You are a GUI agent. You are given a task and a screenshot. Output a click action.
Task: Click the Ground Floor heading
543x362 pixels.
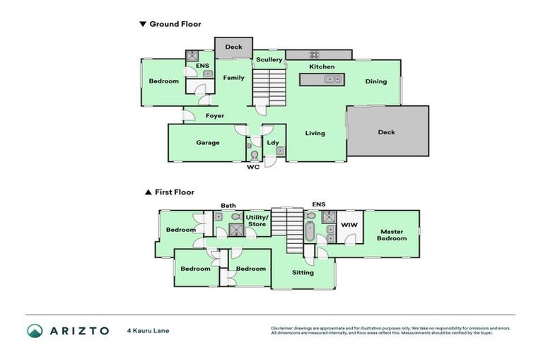click(x=174, y=24)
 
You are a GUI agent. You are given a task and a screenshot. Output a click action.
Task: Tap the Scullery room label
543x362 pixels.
click(x=269, y=60)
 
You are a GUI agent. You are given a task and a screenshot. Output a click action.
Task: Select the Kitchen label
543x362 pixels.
click(x=322, y=67)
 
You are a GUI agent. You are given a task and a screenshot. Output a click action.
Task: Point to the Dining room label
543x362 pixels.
click(x=376, y=81)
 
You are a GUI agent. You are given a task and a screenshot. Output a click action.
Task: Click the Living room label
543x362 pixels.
click(x=315, y=133)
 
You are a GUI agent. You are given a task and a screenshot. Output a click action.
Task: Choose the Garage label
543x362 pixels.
click(x=207, y=142)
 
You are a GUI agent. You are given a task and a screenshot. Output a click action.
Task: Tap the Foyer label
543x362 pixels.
click(x=215, y=115)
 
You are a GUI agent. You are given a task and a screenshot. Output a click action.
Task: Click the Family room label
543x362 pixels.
click(x=234, y=78)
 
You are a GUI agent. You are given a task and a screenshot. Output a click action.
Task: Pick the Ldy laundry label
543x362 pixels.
click(x=272, y=142)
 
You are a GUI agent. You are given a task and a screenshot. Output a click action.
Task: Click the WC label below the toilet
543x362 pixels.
click(x=252, y=168)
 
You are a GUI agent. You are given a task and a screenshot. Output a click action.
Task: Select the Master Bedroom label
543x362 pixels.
click(x=392, y=235)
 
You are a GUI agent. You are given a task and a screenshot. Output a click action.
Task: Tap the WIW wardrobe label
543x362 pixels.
click(x=348, y=226)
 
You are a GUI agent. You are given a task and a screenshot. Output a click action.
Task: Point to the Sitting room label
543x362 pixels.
click(x=303, y=272)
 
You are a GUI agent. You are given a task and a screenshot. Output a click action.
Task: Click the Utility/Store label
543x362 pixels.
click(x=257, y=221)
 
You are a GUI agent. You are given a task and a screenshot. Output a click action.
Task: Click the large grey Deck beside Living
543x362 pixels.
click(x=387, y=132)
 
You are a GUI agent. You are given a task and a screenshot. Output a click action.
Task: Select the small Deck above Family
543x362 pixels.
click(x=233, y=47)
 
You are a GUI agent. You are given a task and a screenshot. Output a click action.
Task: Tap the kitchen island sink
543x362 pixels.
click(x=331, y=79)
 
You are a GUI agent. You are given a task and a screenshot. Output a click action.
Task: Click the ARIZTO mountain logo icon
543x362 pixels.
click(x=35, y=330)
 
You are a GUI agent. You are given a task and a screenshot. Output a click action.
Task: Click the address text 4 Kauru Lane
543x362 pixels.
click(x=148, y=330)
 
